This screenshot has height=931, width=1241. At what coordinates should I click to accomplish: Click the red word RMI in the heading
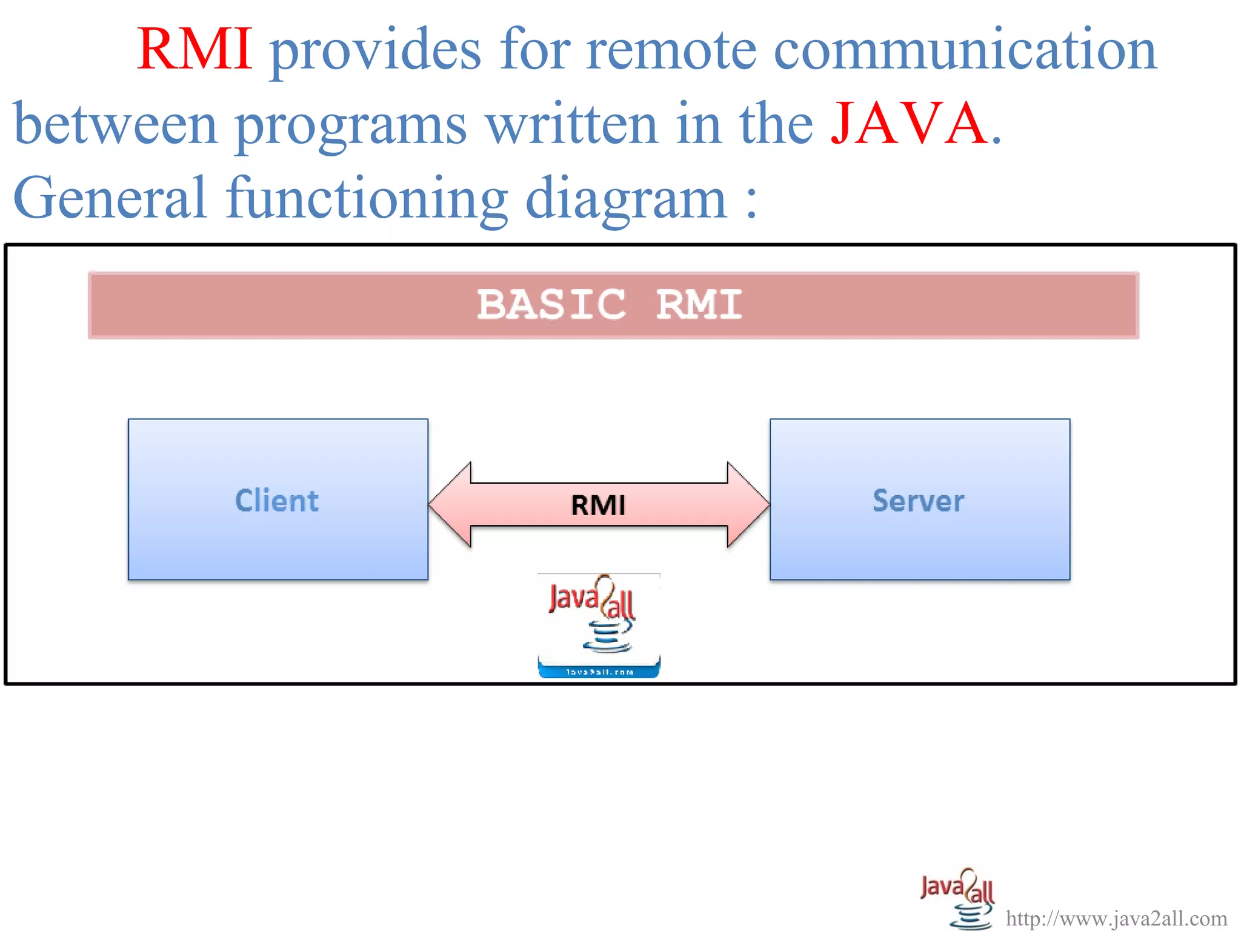click(x=195, y=50)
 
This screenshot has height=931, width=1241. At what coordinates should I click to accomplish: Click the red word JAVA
click(x=909, y=124)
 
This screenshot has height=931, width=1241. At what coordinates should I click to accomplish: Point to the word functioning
click(x=367, y=199)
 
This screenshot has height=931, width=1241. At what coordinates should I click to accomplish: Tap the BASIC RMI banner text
click(x=610, y=304)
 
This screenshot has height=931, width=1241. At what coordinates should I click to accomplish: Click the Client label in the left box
click(x=277, y=501)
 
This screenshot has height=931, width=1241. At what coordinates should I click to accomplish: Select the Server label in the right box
click(x=918, y=501)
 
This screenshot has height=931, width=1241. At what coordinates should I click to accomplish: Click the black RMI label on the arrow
click(x=598, y=505)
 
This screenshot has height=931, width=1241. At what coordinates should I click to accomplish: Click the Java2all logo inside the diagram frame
click(x=599, y=615)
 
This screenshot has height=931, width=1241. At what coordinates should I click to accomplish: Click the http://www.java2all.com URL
click(x=1116, y=918)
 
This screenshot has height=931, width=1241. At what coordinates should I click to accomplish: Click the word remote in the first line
click(x=671, y=50)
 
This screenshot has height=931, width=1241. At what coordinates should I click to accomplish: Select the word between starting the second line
click(x=115, y=124)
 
